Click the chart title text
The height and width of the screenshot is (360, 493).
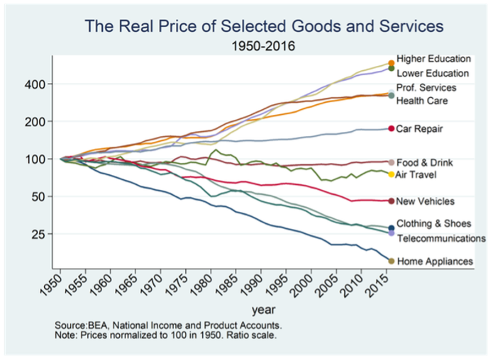point(263,27)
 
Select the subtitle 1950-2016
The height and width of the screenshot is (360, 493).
point(265,47)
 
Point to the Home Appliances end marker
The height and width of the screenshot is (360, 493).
point(391,261)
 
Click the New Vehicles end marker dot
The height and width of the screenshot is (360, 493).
point(392,201)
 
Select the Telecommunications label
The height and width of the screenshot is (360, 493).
point(441,238)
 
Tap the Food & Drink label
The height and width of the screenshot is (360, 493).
point(424,162)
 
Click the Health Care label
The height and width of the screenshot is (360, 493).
point(421,101)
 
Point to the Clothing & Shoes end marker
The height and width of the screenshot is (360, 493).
point(392,227)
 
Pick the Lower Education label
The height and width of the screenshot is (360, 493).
point(433,73)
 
